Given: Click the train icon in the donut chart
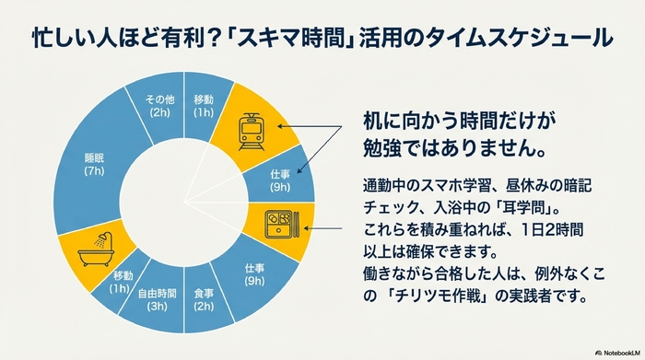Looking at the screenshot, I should pyautogui.click(x=252, y=131).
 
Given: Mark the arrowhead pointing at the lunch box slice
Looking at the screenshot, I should pyautogui.click(x=308, y=224).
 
